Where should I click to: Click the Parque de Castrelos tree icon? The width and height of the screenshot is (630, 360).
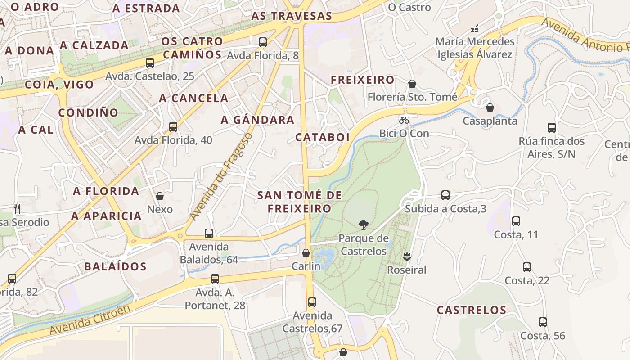(x=363, y=225)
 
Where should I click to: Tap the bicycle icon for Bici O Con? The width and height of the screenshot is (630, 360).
(x=404, y=120)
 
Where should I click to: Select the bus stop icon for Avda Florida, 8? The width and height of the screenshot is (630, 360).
(x=263, y=42)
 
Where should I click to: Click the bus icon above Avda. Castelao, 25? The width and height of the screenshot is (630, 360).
(x=150, y=63)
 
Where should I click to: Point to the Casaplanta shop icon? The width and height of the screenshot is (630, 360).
(x=490, y=108)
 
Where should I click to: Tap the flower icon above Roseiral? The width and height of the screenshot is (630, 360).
(x=407, y=256)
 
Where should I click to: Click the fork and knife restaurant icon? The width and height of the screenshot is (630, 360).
(x=17, y=208)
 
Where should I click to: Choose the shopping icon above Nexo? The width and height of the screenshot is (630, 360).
(x=159, y=196)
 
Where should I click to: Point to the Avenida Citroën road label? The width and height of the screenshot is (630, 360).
(x=90, y=319)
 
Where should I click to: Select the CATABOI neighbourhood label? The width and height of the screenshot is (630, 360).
(x=322, y=138)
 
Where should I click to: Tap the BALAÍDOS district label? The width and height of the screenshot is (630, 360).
(x=115, y=266)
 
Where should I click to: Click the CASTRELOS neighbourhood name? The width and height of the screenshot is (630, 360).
(x=472, y=310)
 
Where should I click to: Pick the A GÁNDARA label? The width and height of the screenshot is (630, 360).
(x=257, y=120)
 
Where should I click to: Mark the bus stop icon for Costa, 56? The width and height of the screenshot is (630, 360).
(x=543, y=322)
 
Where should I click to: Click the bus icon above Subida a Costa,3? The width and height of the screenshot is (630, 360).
(x=445, y=195)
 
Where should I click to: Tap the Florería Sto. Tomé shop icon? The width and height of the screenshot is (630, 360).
(x=412, y=84)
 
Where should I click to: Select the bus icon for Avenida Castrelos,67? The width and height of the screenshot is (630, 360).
(x=312, y=302)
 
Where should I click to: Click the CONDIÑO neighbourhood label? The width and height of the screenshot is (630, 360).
(x=88, y=112)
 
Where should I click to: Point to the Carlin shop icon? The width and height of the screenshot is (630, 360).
(x=306, y=253)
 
